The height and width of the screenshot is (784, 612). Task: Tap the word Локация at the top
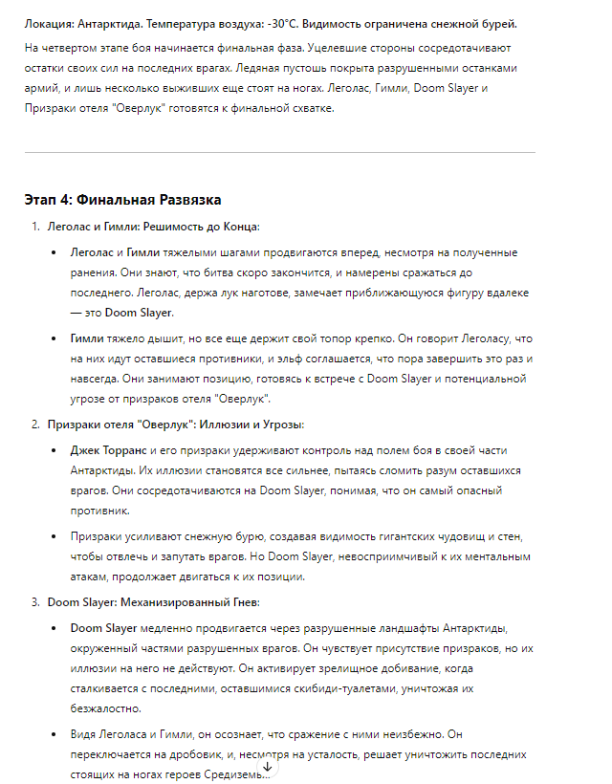pos(51,23)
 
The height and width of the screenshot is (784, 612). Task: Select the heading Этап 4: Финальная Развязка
pos(122,200)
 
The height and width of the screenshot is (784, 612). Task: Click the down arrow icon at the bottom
pos(268,766)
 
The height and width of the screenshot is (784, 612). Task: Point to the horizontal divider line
pos(279,152)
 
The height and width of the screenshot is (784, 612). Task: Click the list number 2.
pos(36,424)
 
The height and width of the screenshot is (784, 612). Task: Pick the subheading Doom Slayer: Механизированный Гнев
pos(153,602)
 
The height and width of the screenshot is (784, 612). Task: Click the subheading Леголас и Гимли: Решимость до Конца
pos(153,227)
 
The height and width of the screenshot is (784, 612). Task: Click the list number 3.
pos(36,602)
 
